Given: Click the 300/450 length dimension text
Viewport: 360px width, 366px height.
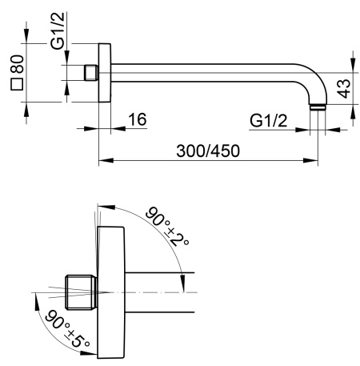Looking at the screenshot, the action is pyautogui.click(x=208, y=151).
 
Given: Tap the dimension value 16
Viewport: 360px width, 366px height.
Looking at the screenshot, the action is pyautogui.click(x=138, y=119).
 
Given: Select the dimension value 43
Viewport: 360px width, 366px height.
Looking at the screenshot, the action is pyautogui.click(x=343, y=89).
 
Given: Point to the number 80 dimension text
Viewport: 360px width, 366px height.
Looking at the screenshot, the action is pyautogui.click(x=18, y=64).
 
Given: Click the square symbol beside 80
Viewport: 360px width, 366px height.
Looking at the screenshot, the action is pyautogui.click(x=17, y=84).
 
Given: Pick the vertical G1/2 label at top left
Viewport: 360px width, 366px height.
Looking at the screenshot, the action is pyautogui.click(x=58, y=31).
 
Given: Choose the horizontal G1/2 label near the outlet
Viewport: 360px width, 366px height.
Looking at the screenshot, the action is pyautogui.click(x=269, y=121).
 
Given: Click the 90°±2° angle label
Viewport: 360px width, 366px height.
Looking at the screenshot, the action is pyautogui.click(x=167, y=227).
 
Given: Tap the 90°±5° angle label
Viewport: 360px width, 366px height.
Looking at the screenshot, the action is pyautogui.click(x=67, y=329).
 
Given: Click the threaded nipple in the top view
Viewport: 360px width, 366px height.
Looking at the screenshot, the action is pyautogui.click(x=91, y=73).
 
